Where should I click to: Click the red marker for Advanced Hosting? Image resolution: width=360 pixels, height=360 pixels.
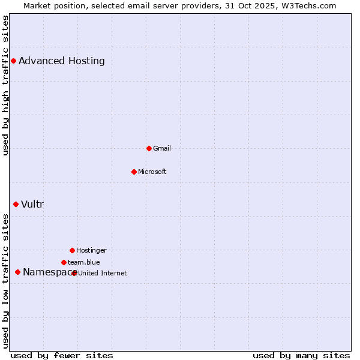pyautogui.click(x=13, y=61)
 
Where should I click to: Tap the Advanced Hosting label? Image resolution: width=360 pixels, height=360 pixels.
pyautogui.click(x=62, y=61)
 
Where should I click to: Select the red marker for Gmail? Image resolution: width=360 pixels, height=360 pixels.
pyautogui.click(x=149, y=148)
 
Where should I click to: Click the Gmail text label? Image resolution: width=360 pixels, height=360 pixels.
pyautogui.click(x=162, y=148)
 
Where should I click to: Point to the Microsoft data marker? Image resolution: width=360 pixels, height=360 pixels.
pyautogui.click(x=134, y=172)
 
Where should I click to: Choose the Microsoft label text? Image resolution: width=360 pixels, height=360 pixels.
pyautogui.click(x=152, y=172)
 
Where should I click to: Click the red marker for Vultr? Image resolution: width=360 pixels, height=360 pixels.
pyautogui.click(x=16, y=204)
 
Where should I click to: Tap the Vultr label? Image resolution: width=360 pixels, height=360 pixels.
pyautogui.click(x=32, y=204)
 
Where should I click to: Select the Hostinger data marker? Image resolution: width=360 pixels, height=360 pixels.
pyautogui.click(x=72, y=250)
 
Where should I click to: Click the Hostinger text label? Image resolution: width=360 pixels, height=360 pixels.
pyautogui.click(x=91, y=250)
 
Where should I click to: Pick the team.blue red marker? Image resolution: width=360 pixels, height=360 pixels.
pyautogui.click(x=64, y=262)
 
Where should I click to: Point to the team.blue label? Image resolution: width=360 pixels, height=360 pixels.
pyautogui.click(x=84, y=262)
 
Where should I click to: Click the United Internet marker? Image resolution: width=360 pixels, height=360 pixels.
pyautogui.click(x=74, y=273)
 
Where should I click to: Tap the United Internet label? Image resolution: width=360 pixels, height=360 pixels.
pyautogui.click(x=103, y=273)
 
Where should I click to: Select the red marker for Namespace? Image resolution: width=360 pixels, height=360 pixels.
pyautogui.click(x=17, y=272)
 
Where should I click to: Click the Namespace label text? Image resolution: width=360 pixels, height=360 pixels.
pyautogui.click(x=47, y=272)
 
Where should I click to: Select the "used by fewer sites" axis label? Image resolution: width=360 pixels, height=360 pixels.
pyautogui.click(x=62, y=355)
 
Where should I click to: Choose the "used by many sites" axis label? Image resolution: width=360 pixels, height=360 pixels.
pyautogui.click(x=301, y=355)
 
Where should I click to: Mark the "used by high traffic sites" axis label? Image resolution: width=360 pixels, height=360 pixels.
pyautogui.click(x=5, y=86)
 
